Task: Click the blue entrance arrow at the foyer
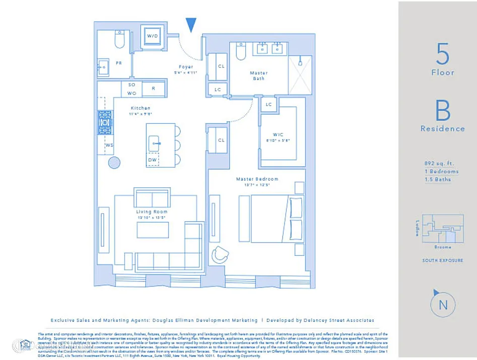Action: [191, 24]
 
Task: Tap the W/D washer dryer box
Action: [152, 36]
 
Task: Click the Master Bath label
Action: [258, 76]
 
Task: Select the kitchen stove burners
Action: [105, 122]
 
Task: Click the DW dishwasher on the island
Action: [152, 160]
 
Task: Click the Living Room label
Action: [152, 212]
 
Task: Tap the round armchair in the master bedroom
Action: [220, 255]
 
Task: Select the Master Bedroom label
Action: [257, 179]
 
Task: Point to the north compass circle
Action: [443, 305]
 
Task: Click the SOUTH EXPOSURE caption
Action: [443, 260]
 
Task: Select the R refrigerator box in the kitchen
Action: [153, 89]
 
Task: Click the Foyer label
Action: [186, 67]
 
